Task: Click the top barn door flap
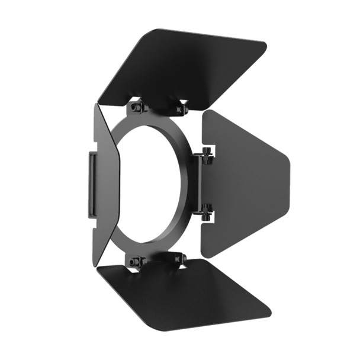184,65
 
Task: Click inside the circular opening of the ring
148,184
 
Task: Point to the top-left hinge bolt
137,107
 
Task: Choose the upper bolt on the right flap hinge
207,155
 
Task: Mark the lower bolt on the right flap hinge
207,210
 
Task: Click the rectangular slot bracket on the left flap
93,184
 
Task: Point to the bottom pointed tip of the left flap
97,263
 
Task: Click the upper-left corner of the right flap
205,112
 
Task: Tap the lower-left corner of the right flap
205,255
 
